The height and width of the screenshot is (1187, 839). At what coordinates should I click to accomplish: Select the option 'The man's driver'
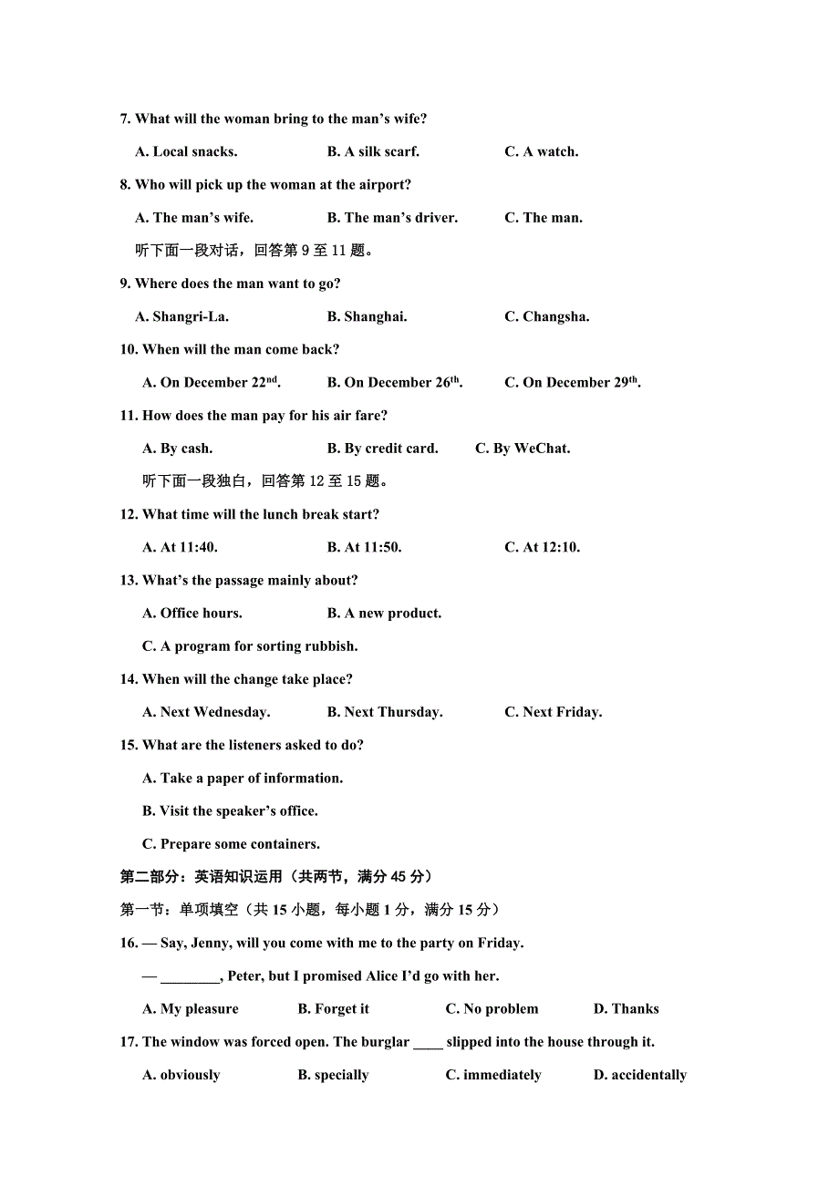pos(392,218)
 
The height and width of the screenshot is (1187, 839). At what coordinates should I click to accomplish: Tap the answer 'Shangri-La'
pos(182,317)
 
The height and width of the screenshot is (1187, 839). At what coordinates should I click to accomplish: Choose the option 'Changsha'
pos(547,317)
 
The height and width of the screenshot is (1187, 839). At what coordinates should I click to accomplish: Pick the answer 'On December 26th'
pos(395,383)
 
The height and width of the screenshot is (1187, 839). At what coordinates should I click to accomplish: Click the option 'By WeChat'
pos(523,449)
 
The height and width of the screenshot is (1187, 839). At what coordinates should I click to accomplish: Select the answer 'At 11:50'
pos(365,548)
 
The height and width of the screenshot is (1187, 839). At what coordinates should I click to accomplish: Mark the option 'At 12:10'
pos(543,548)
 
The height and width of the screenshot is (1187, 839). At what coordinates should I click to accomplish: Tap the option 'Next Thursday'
pos(385,713)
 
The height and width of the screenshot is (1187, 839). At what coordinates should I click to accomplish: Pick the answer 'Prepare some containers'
pos(231,844)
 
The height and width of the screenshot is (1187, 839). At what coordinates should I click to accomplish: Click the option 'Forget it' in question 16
pos(334,1009)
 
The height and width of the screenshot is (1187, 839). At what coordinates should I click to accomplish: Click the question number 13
pos(128,581)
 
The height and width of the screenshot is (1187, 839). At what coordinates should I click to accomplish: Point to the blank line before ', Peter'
pos(190,977)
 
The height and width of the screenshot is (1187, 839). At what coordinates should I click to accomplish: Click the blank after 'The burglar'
pos(428,1043)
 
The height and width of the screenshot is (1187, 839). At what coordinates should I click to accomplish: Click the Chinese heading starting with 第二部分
pos(275,877)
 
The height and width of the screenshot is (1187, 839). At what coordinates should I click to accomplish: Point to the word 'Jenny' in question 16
pos(211,944)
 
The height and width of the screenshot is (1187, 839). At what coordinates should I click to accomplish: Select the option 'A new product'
pos(385,614)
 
